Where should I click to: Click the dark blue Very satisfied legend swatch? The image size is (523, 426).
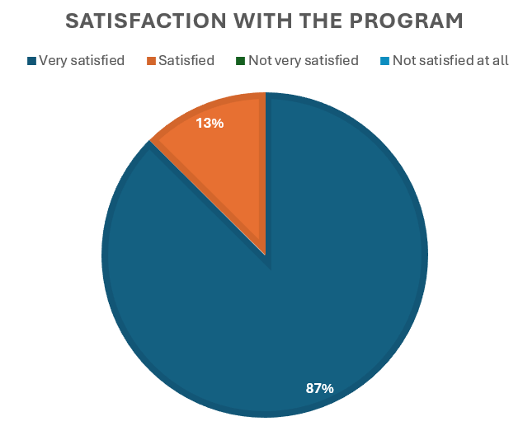(32, 60)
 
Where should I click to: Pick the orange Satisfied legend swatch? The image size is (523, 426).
(151, 60)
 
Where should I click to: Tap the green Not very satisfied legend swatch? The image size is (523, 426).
(240, 60)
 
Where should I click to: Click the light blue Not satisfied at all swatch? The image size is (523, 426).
(384, 60)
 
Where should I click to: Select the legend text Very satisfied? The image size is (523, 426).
(82, 60)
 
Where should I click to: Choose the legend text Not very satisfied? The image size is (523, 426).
(304, 60)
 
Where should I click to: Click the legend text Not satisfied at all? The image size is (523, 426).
(450, 60)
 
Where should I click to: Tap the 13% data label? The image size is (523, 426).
(210, 124)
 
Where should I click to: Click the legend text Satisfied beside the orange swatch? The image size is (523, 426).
(186, 60)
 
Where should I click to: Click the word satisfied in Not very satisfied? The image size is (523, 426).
(330, 60)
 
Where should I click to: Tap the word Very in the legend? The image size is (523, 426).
(53, 60)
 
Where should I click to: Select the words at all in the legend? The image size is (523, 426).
(495, 60)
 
